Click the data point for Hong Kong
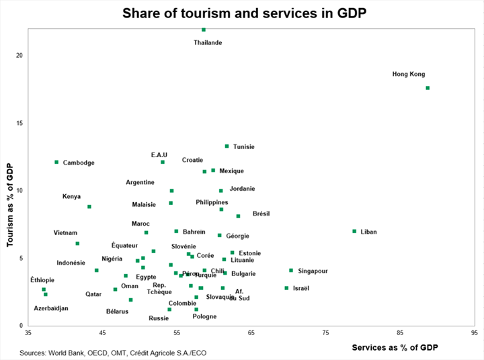click(x=428, y=88)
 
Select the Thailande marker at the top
click(x=204, y=30)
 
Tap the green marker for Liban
click(x=354, y=231)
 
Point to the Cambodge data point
click(x=56, y=162)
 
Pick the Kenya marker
click(x=89, y=207)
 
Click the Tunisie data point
click(x=227, y=146)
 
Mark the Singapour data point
click(x=291, y=270)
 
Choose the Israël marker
click(x=286, y=288)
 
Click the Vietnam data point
click(x=77, y=243)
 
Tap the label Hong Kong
click(x=409, y=75)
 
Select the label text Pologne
click(x=204, y=316)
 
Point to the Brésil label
click(x=261, y=214)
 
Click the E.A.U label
click(x=159, y=155)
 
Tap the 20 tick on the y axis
click(x=19, y=55)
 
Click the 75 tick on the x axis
click(x=325, y=332)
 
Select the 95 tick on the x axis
click(x=474, y=332)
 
